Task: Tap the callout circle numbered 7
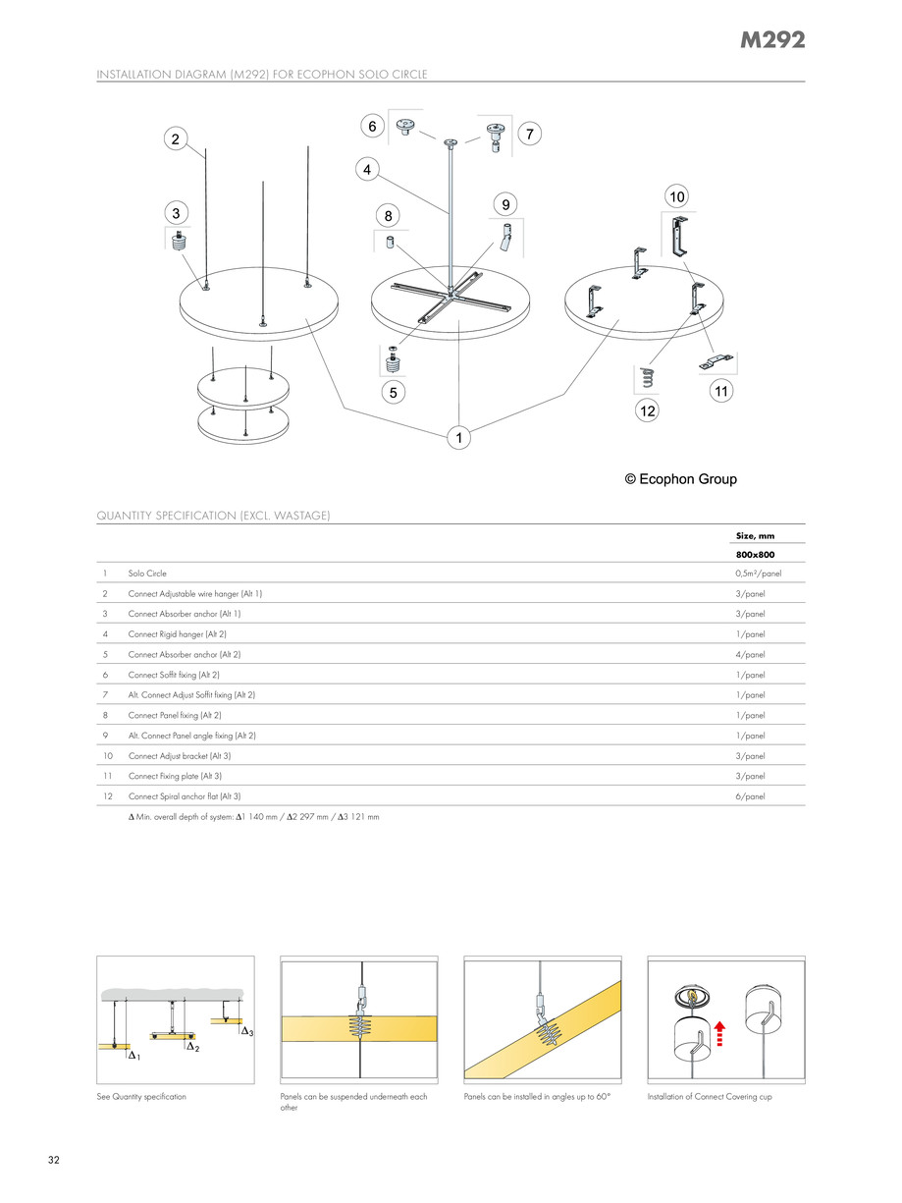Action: click(x=529, y=135)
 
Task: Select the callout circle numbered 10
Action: click(x=677, y=196)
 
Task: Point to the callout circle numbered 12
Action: click(x=647, y=411)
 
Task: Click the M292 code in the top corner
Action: click(x=772, y=40)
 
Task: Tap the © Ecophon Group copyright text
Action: click(x=680, y=479)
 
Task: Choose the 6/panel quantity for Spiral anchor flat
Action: click(x=750, y=796)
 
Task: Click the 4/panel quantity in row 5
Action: click(x=750, y=654)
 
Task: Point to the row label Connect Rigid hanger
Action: click(x=177, y=634)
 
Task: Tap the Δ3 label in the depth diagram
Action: click(x=247, y=1031)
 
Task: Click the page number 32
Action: click(x=54, y=1161)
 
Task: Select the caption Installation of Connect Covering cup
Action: click(x=709, y=1096)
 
